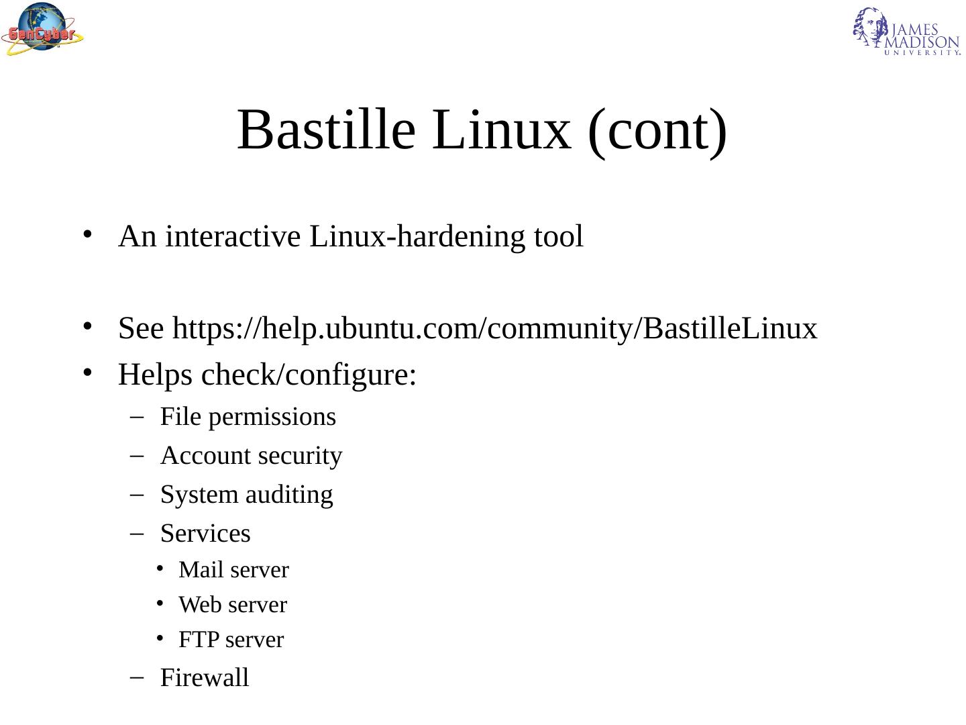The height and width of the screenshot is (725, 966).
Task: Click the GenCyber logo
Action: pyautogui.click(x=42, y=29)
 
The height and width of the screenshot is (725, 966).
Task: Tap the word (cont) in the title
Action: pyautogui.click(x=657, y=130)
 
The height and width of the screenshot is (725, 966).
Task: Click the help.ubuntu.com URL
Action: pyautogui.click(x=495, y=329)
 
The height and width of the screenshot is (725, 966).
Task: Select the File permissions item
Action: pyautogui.click(x=248, y=417)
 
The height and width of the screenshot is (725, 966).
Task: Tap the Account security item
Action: pyautogui.click(x=251, y=456)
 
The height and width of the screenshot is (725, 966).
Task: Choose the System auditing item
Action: pyautogui.click(x=246, y=495)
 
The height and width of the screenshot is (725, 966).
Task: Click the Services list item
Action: pyautogui.click(x=205, y=534)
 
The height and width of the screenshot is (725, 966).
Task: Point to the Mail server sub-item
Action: pyautogui.click(x=233, y=570)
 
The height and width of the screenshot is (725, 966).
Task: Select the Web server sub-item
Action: pyautogui.click(x=232, y=605)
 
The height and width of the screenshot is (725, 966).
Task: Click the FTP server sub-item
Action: pyautogui.click(x=231, y=640)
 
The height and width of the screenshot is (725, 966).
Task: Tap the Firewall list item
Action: pyautogui.click(x=205, y=678)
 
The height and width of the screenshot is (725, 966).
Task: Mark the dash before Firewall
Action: pyautogui.click(x=137, y=678)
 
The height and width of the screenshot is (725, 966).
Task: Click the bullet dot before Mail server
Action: pyautogui.click(x=160, y=569)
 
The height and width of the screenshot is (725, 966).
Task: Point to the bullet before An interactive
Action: pyautogui.click(x=87, y=234)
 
